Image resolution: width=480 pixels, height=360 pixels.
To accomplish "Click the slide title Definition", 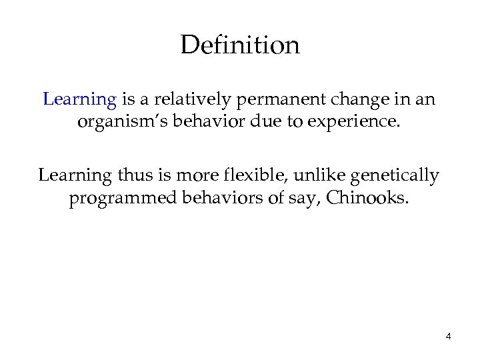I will [x=240, y=45].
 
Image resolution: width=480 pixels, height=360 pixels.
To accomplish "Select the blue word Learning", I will [x=79, y=100].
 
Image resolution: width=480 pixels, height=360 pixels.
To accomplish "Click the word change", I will [x=347, y=100].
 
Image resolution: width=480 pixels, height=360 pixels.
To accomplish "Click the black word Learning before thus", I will [x=73, y=176].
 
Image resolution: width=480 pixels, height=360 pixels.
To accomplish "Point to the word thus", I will [x=131, y=176].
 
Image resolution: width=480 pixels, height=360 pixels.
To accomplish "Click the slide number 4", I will [x=448, y=336].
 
